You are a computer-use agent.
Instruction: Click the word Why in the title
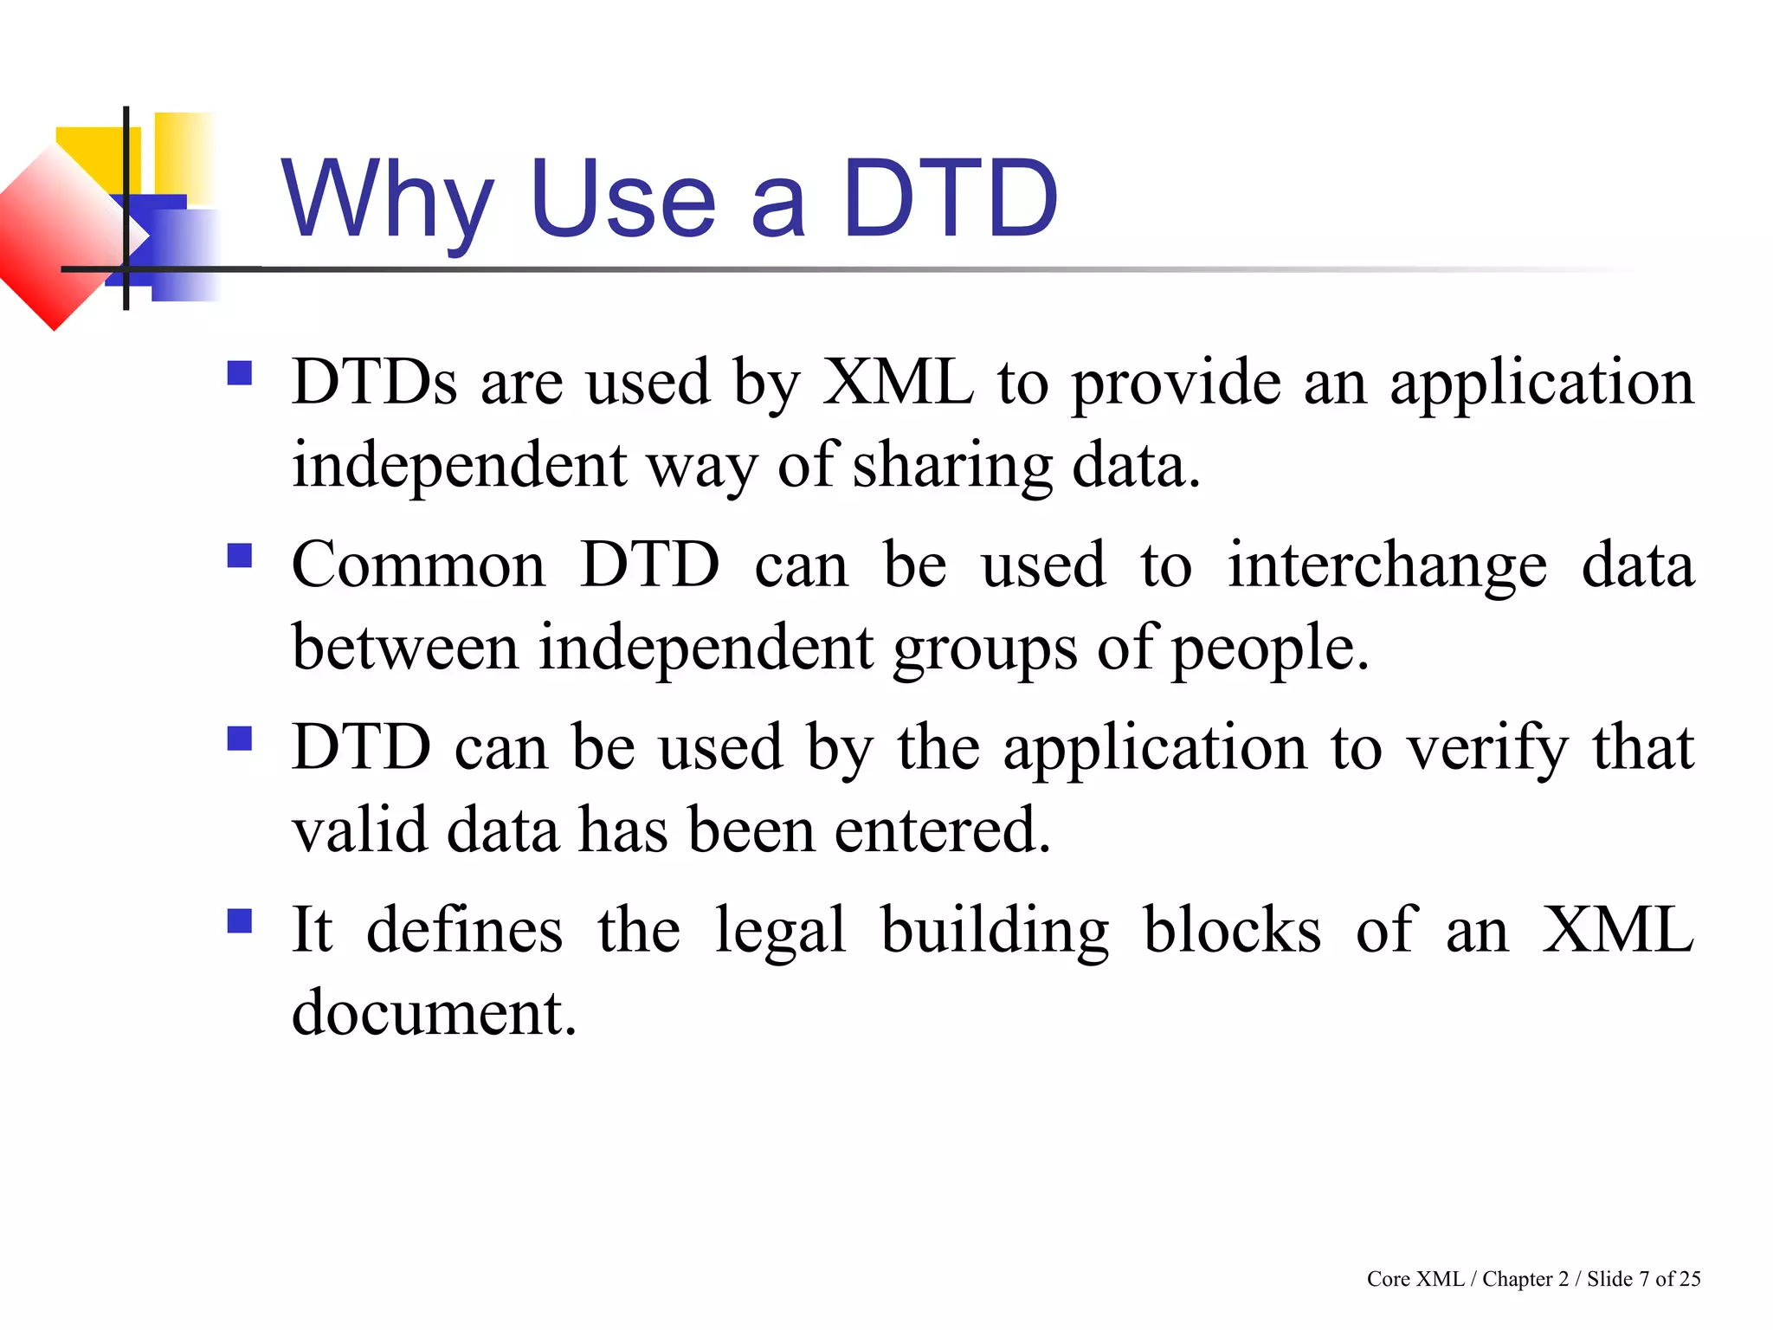387,201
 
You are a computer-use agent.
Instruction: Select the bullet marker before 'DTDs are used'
240,373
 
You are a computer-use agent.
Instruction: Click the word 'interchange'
1387,565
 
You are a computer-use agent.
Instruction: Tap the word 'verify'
1486,748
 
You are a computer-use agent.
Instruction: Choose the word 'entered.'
943,830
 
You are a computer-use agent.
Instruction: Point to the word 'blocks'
1232,930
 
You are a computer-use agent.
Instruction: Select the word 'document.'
434,1012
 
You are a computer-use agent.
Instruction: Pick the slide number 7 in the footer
1644,1279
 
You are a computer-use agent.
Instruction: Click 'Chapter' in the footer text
1517,1279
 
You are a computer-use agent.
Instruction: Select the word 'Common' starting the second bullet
418,565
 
